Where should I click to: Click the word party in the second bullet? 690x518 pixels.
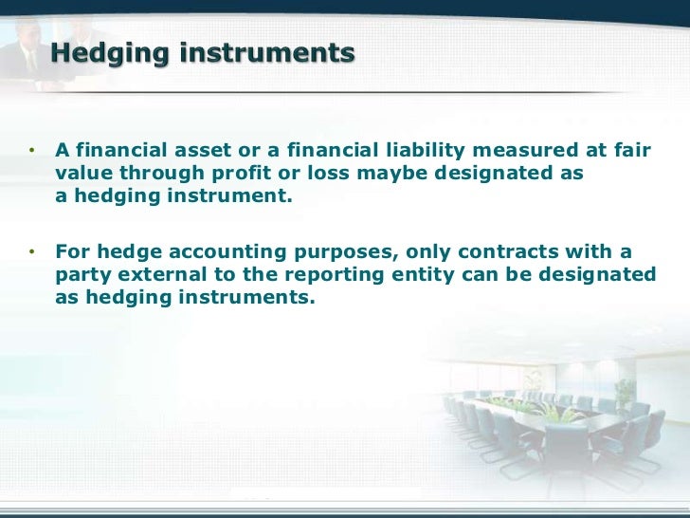[80, 274]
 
